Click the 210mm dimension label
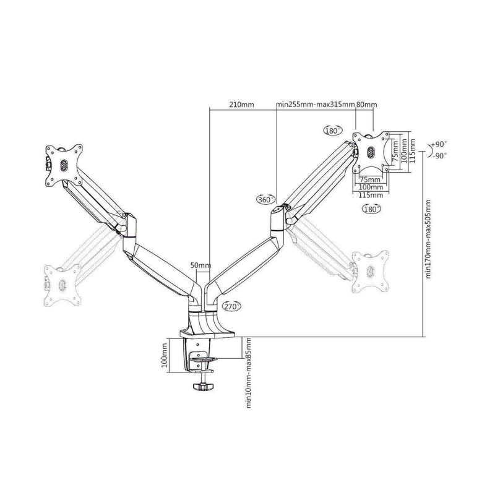[x=241, y=105]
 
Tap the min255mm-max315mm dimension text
[x=316, y=105]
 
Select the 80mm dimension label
[x=367, y=105]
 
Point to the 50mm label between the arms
[x=200, y=265]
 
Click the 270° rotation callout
[x=231, y=306]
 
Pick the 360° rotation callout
[x=265, y=199]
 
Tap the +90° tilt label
[x=439, y=145]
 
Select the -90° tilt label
[x=439, y=156]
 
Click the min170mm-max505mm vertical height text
[x=428, y=239]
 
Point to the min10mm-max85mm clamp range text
[x=249, y=373]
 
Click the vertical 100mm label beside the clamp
[x=164, y=356]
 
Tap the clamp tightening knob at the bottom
[x=203, y=386]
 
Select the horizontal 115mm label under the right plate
[x=371, y=196]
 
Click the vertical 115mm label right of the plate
[x=412, y=152]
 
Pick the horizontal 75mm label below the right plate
[x=370, y=179]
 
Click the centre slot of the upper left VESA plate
[x=64, y=164]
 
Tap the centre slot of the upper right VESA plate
[x=371, y=152]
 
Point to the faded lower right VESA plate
[x=371, y=272]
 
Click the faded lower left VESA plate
[x=62, y=285]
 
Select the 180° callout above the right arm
[x=332, y=131]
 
